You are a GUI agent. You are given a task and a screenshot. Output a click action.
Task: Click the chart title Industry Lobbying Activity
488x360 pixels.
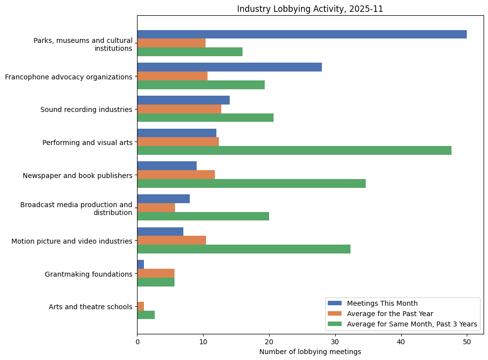point(310,9)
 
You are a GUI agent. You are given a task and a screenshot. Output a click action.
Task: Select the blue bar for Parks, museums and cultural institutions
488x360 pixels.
point(302,35)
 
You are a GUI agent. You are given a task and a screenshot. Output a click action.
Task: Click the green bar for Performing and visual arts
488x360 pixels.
point(294,150)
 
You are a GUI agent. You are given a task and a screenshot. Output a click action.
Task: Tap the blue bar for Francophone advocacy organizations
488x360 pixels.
point(229,67)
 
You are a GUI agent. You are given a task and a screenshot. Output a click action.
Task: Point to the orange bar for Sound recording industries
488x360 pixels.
point(179,109)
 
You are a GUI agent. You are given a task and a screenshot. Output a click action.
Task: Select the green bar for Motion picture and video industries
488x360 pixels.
point(244,249)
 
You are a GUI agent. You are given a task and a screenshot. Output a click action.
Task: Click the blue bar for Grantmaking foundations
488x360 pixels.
point(140,265)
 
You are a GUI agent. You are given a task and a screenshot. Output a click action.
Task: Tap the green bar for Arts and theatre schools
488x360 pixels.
point(146,315)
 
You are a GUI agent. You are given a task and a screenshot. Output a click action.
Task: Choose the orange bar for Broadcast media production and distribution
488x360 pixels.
point(156,208)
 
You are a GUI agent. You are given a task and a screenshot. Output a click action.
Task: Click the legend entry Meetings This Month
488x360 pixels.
point(382,303)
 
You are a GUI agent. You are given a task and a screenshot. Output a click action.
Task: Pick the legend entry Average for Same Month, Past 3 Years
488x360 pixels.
point(412,324)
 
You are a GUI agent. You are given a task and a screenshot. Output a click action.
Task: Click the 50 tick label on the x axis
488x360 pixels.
point(467,341)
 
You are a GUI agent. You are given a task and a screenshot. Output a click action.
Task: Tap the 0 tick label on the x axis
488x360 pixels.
point(137,341)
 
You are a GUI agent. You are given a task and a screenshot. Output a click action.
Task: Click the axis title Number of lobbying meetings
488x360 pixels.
point(310,352)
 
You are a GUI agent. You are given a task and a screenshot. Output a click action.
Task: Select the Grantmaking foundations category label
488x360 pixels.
point(88,274)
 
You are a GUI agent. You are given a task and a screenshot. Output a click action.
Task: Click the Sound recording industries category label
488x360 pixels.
point(86,109)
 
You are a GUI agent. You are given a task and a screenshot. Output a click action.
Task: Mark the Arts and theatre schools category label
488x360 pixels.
point(90,307)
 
